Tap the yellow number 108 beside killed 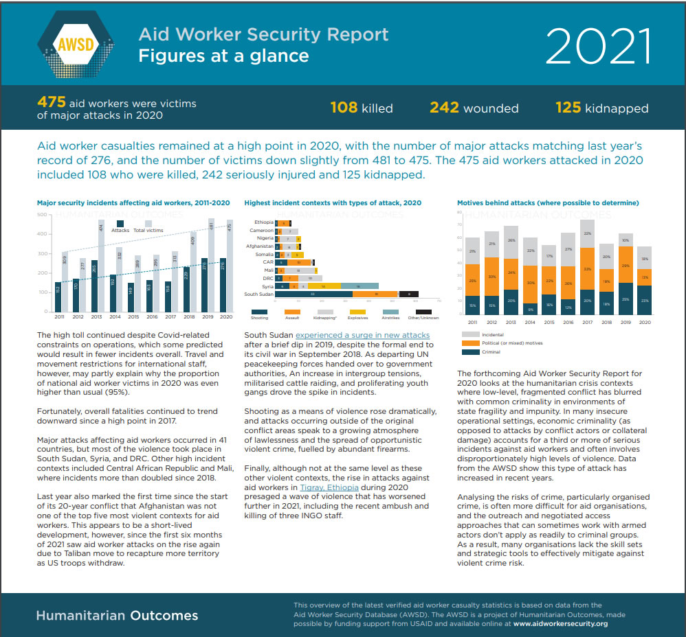[344, 108]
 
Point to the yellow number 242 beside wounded [444, 108]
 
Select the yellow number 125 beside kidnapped [568, 108]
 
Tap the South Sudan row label [258, 294]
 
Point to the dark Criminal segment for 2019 [626, 298]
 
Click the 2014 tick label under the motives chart [529, 321]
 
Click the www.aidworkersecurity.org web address [560, 624]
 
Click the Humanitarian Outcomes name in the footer [117, 616]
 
